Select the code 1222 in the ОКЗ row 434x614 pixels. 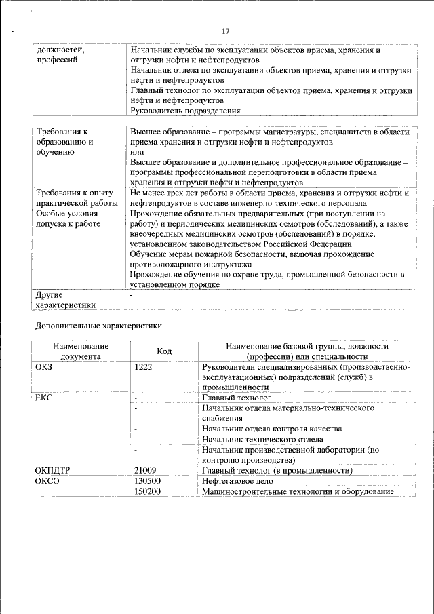[x=144, y=367]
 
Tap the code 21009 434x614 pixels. [x=146, y=470]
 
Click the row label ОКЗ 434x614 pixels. [x=44, y=367]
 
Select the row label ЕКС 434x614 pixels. [x=44, y=398]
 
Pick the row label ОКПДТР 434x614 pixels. [x=53, y=470]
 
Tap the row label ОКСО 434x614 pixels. [x=47, y=480]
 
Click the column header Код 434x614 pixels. [x=164, y=351]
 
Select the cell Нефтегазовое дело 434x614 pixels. [x=237, y=480]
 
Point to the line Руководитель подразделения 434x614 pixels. [x=185, y=109]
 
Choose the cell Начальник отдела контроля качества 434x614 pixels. [x=271, y=429]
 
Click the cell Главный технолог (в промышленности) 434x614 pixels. [x=277, y=470]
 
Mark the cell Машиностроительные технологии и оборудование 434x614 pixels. [x=298, y=491]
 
